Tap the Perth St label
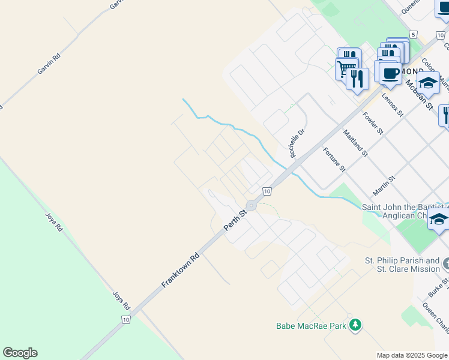235,221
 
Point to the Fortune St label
334,160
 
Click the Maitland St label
355,143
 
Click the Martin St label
384,185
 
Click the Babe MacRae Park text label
311,326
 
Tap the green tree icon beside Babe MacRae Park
356,325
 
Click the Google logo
20,353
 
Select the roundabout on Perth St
251,206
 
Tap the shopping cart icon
345,68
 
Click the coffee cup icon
390,73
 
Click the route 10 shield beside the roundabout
267,191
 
